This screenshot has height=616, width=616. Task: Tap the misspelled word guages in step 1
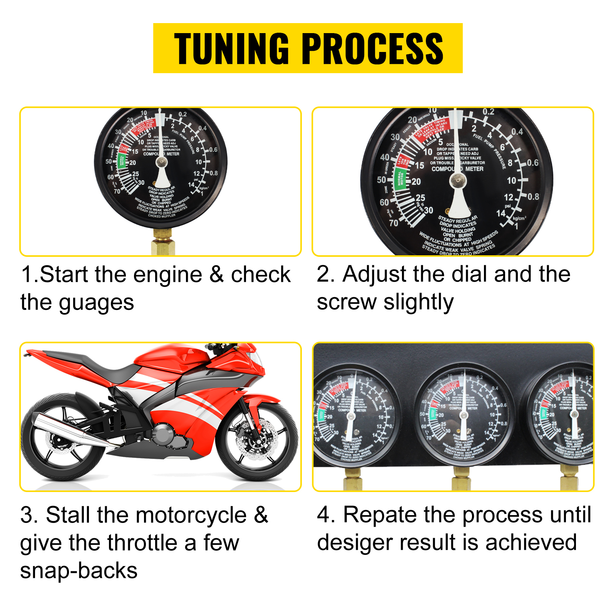[96, 303]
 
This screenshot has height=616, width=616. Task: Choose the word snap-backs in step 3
[79, 571]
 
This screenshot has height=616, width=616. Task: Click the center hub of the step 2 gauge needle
[458, 179]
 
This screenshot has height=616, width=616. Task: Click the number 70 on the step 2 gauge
[393, 223]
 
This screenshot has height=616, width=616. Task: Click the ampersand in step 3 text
[261, 515]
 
